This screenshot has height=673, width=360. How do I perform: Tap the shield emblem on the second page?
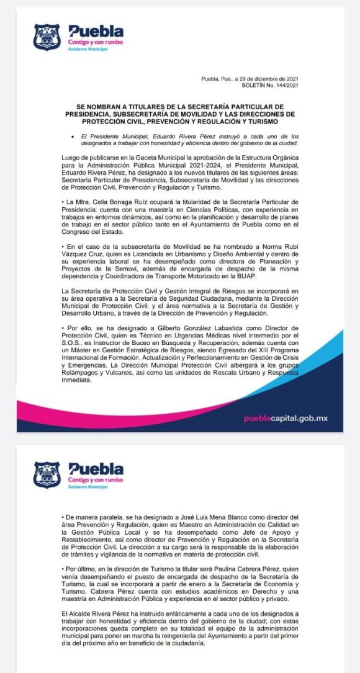(47, 474)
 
